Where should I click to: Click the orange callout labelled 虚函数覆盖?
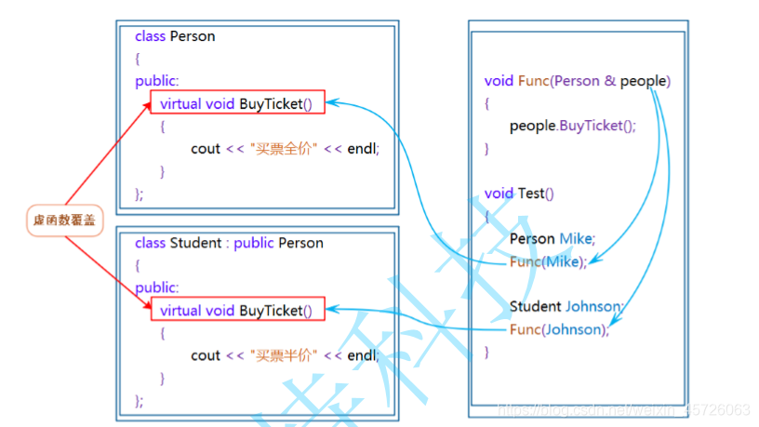pos(63,220)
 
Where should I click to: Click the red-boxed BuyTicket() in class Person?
pos(237,103)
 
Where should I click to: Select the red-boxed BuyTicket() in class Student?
pos(237,310)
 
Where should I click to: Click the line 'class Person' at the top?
pos(175,36)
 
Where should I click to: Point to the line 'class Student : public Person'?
pos(229,243)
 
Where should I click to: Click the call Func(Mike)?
pos(548,261)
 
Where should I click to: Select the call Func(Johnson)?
pos(558,329)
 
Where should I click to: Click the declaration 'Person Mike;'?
pos(552,238)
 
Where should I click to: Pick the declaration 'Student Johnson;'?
pos(566,306)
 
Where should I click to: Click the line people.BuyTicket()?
pos(572,126)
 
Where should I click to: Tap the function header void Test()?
pos(518,193)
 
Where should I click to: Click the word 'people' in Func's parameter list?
pos(643,81)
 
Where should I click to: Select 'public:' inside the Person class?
pos(156,81)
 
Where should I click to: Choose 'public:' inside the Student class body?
pos(156,287)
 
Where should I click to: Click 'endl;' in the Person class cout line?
pos(364,148)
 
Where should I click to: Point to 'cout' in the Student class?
pos(206,354)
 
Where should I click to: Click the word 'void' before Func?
pos(499,81)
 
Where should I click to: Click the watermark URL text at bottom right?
pos(623,410)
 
